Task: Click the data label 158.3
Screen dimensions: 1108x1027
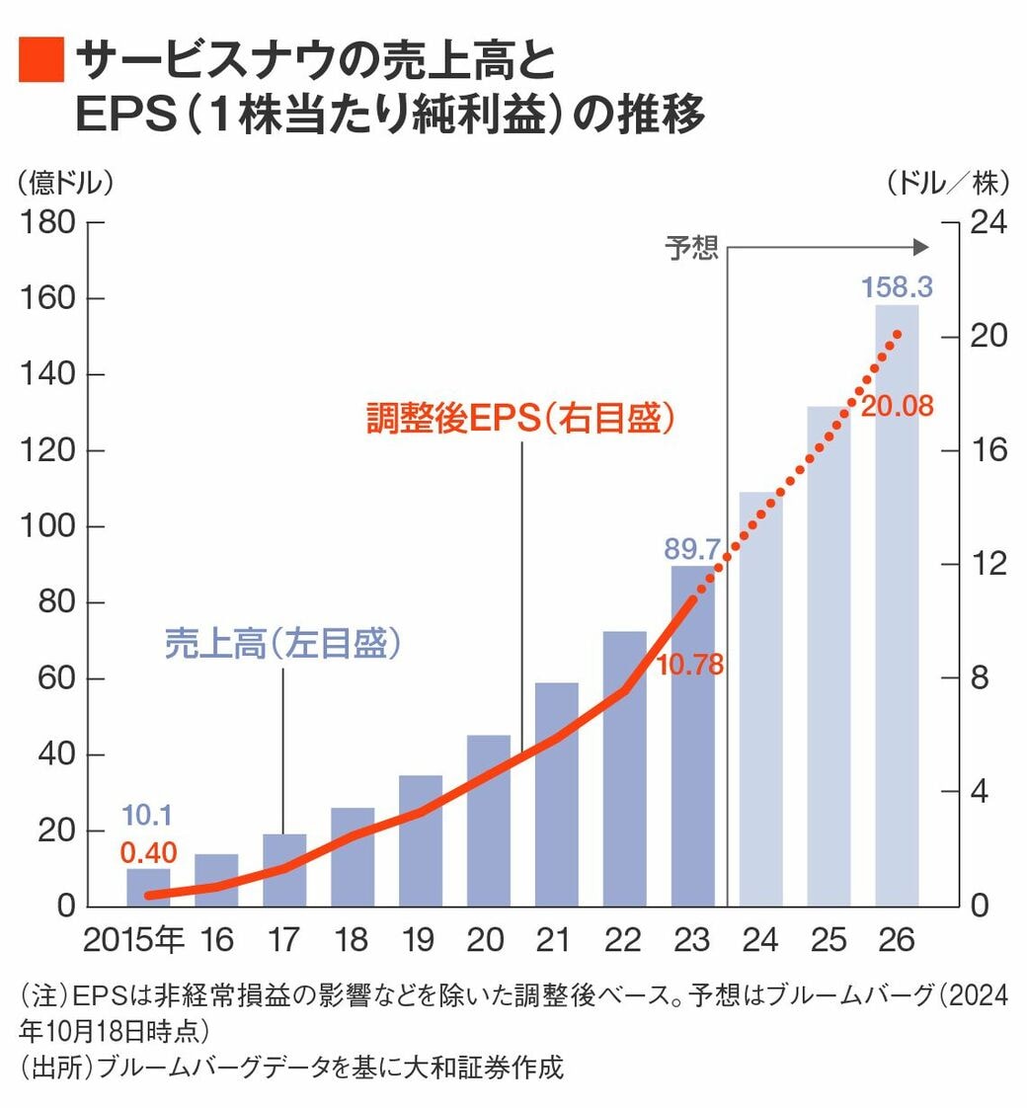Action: [897, 287]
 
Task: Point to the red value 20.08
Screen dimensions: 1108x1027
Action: [897, 406]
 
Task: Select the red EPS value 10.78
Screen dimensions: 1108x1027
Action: [689, 665]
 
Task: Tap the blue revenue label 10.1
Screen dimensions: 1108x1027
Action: [147, 816]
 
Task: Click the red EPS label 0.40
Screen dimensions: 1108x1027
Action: [147, 850]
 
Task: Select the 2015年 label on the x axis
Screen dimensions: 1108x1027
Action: [134, 939]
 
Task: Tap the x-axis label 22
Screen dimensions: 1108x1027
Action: [624, 939]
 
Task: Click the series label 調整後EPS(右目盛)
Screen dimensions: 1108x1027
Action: [520, 419]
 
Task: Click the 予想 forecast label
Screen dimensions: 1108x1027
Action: [691, 247]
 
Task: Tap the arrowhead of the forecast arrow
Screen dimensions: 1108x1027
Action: [920, 247]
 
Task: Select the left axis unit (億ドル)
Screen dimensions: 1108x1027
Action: [64, 182]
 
